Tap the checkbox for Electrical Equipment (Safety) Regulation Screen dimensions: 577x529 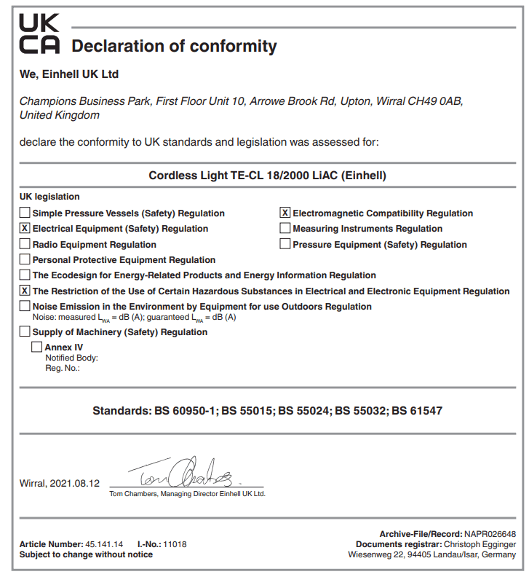click(25, 229)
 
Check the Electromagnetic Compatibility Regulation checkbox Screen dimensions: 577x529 click(285, 213)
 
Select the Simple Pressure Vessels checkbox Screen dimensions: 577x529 click(25, 213)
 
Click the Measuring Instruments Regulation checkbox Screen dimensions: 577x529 click(285, 229)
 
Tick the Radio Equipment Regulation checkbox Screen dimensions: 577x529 click(25, 245)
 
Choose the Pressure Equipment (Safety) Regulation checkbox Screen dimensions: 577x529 click(285, 245)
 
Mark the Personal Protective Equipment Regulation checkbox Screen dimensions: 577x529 click(25, 260)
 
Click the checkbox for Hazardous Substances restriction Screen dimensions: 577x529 click(25, 291)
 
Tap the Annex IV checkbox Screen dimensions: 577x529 click(37, 348)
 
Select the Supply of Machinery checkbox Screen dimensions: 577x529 click(25, 332)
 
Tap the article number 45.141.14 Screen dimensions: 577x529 click(105, 544)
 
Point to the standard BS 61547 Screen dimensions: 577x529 click(417, 411)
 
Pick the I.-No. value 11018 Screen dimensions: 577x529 click(175, 544)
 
